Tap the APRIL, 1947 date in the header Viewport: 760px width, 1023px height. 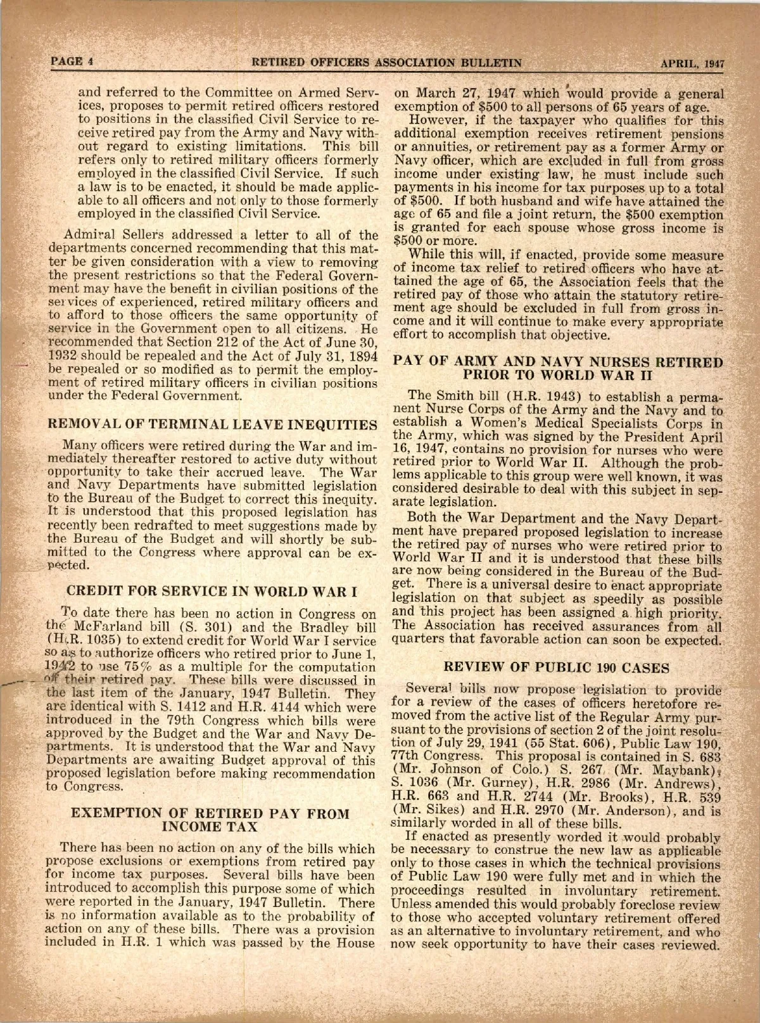pos(692,63)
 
